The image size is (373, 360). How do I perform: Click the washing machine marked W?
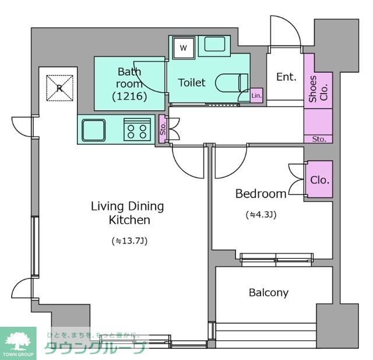coord(184,48)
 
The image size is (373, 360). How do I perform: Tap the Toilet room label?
coord(192,83)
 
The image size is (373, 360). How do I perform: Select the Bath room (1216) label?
coord(129,84)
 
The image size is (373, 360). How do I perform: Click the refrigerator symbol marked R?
coord(59,88)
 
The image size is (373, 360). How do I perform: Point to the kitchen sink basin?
coord(93,130)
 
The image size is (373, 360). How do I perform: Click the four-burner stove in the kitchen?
coord(137,129)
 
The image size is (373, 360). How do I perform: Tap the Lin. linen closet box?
coord(256,96)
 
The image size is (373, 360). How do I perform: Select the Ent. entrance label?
coord(286,77)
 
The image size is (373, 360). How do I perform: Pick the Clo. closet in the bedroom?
coord(319,179)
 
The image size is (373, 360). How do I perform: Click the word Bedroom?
coord(261,194)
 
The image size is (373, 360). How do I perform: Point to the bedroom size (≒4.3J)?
coord(261,215)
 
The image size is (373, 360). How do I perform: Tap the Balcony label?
coord(269,292)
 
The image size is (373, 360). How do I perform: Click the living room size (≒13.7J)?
coord(129,241)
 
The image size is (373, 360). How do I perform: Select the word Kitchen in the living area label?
coord(129,220)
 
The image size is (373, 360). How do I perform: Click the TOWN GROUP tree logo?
coord(18,343)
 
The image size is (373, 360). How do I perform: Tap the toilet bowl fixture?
coord(231,83)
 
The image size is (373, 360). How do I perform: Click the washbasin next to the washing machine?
coord(214,44)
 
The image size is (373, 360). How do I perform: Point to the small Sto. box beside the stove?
coord(163,129)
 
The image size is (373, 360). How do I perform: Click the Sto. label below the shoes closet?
coord(319,139)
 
